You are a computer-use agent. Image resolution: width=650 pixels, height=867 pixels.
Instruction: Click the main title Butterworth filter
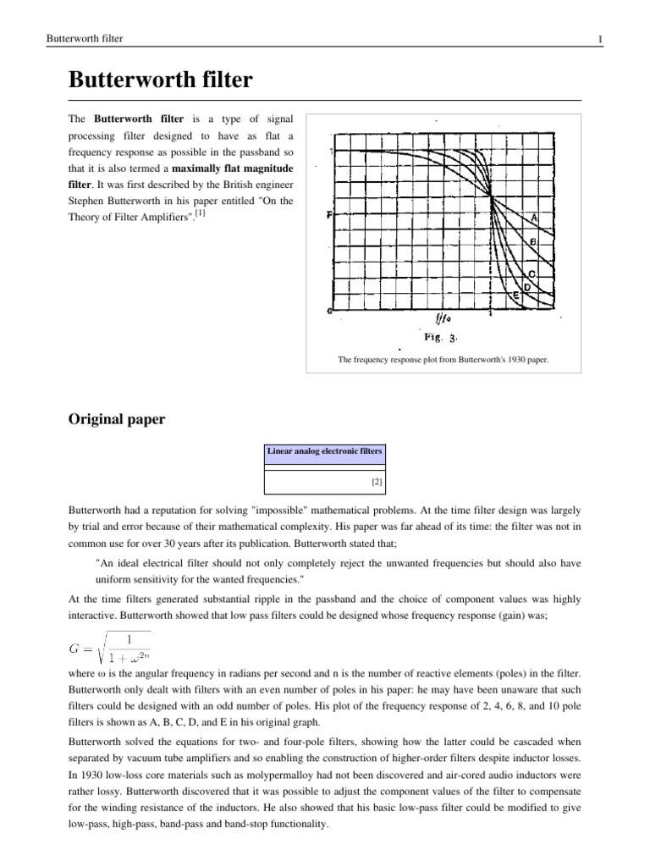161,81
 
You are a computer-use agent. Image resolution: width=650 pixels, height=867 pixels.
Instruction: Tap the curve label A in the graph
535,218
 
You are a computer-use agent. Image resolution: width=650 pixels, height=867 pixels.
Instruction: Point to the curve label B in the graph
533,242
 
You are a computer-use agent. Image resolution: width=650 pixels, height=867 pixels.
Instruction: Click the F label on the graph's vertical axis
328,215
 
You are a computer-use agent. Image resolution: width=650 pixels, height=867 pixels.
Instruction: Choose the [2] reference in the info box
377,482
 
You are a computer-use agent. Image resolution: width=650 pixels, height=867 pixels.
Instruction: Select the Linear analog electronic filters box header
325,453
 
